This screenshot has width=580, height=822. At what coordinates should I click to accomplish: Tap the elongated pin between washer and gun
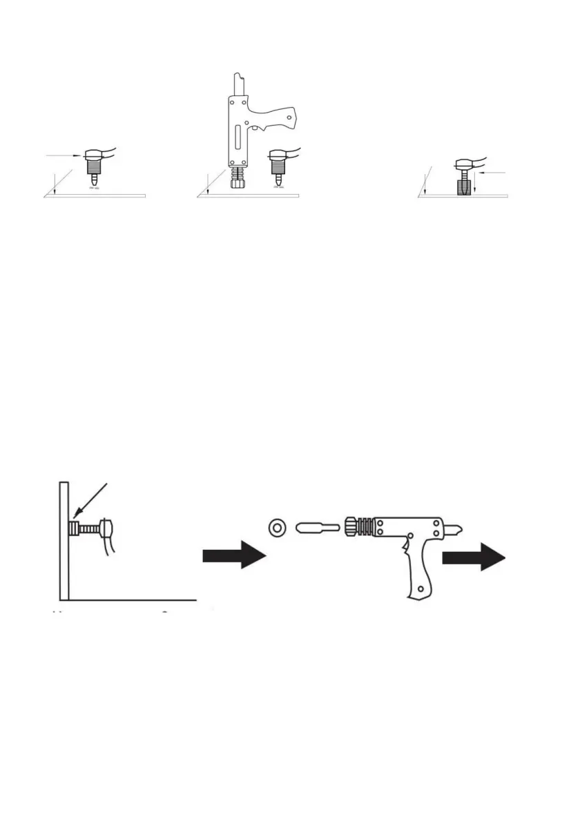click(317, 528)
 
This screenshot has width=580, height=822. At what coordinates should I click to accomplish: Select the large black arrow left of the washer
click(234, 555)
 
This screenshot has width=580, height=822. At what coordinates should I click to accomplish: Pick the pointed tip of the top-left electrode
click(95, 183)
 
